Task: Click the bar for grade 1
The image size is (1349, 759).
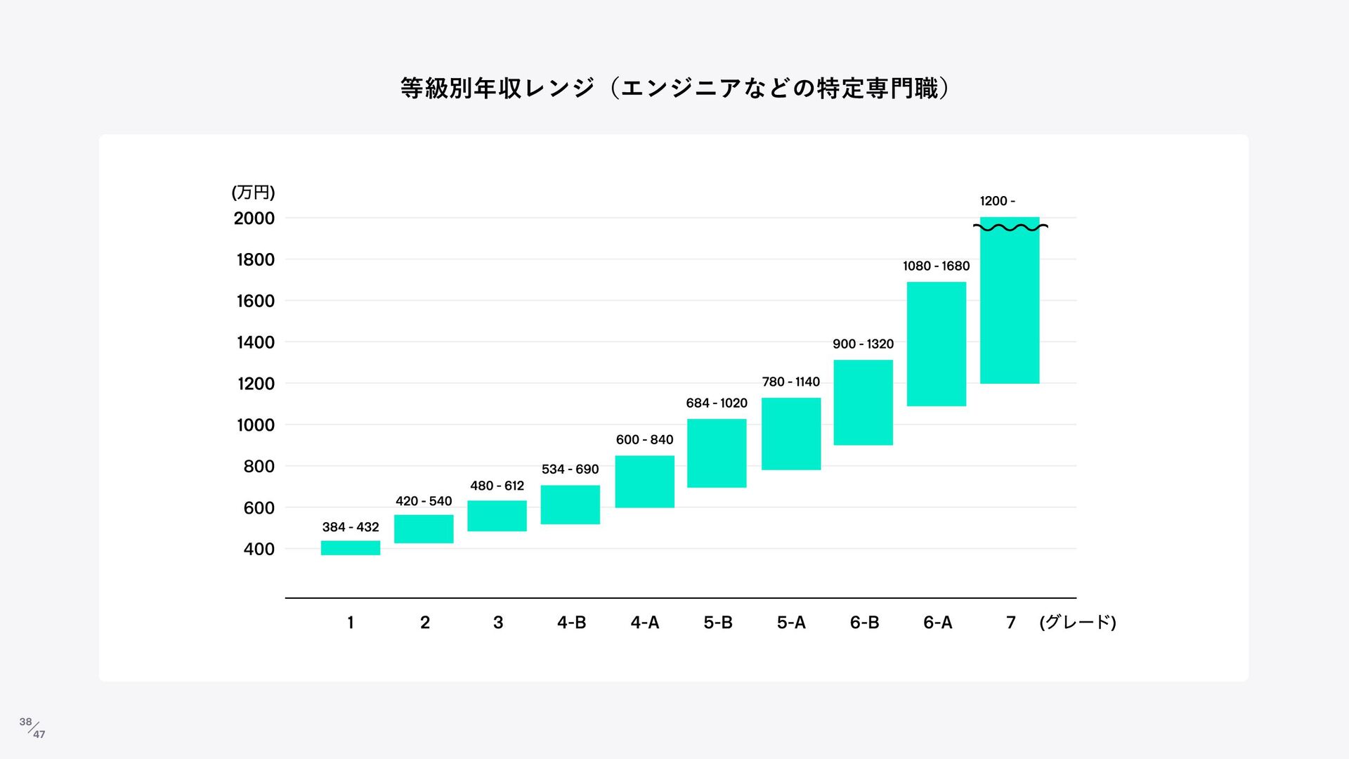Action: [x=351, y=548]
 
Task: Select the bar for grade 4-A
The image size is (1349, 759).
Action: [x=644, y=481]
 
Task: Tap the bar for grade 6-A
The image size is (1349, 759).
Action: [x=936, y=344]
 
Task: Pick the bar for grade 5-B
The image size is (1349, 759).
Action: [x=717, y=453]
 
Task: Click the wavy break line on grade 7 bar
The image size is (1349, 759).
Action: [x=1010, y=227]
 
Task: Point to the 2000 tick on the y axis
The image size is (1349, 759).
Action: [x=254, y=219]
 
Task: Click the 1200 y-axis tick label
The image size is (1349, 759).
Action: [x=256, y=384]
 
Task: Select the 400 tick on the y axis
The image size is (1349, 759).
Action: [x=259, y=550]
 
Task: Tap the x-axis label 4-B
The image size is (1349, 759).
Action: [x=571, y=623]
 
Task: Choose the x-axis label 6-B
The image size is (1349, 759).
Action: [x=864, y=623]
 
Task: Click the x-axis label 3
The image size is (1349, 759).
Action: [x=498, y=623]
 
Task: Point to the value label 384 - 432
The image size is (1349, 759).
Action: [x=351, y=527]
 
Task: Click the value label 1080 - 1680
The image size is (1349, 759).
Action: [x=936, y=266]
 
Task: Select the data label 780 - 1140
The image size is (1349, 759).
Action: [x=790, y=382]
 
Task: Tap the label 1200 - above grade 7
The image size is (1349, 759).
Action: [x=997, y=202]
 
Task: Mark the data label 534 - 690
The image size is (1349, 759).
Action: [x=570, y=469]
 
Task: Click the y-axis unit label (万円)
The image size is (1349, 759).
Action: [x=253, y=193]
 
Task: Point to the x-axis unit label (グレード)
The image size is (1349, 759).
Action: [x=1077, y=623]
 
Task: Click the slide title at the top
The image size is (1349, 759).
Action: [x=674, y=89]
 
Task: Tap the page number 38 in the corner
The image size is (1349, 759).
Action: [x=26, y=722]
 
